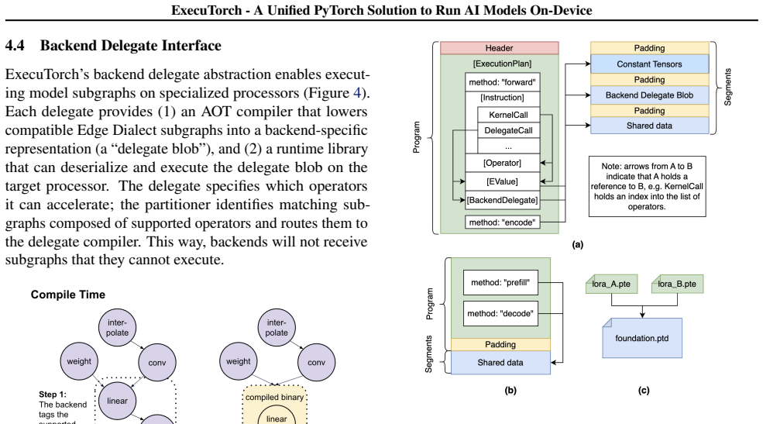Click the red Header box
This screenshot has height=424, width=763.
pyautogui.click(x=500, y=48)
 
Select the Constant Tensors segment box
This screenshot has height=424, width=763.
pyautogui.click(x=649, y=64)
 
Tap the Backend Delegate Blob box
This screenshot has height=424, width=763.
pyautogui.click(x=649, y=95)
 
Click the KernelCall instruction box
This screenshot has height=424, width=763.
pyautogui.click(x=508, y=115)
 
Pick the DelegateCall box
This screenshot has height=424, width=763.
pyautogui.click(x=508, y=130)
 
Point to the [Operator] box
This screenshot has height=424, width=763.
pyautogui.click(x=502, y=163)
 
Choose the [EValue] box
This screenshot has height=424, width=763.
pyautogui.click(x=502, y=181)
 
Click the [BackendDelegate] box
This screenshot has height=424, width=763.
pyautogui.click(x=502, y=199)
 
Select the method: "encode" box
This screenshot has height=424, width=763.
pyautogui.click(x=502, y=222)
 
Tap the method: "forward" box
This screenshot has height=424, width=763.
pyautogui.click(x=502, y=82)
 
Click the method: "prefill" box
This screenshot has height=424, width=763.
pyautogui.click(x=500, y=282)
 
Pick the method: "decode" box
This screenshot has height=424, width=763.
pyautogui.click(x=500, y=313)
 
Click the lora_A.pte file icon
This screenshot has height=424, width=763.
pyautogui.click(x=611, y=284)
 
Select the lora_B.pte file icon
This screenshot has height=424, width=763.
pyautogui.click(x=677, y=284)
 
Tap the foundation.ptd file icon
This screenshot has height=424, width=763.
pyautogui.click(x=642, y=338)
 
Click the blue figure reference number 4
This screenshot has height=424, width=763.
pyautogui.click(x=356, y=92)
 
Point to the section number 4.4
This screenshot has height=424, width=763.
pyautogui.click(x=15, y=45)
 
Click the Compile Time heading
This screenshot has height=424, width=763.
pyautogui.click(x=67, y=295)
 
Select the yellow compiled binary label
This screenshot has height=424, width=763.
pyautogui.click(x=274, y=397)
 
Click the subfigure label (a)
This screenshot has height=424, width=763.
pyautogui.click(x=578, y=244)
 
